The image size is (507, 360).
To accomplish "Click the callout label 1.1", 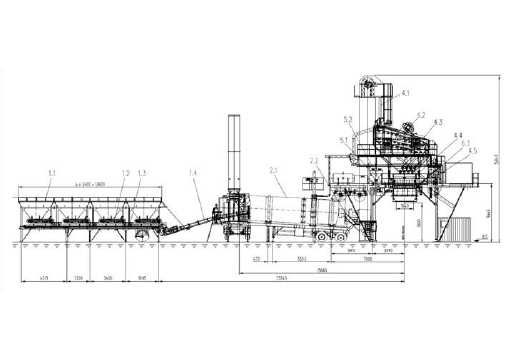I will [x=50, y=174].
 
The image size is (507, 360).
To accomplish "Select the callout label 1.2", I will [x=125, y=174].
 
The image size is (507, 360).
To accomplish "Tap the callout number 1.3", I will [x=143, y=174].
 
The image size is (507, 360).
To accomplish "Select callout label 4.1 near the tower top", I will [x=405, y=93].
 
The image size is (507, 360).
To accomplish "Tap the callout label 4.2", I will [x=421, y=116].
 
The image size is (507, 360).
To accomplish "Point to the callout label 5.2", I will [x=349, y=120].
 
